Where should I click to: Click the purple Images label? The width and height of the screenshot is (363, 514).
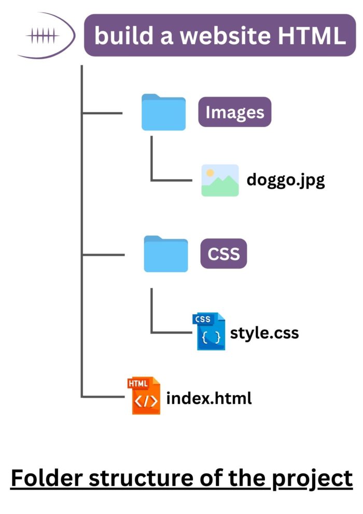pyautogui.click(x=234, y=112)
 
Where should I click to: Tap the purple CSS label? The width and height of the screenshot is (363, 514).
pyautogui.click(x=224, y=254)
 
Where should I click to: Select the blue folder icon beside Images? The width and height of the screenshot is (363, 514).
pyautogui.click(x=163, y=112)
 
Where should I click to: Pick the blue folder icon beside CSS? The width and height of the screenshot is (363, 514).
pyautogui.click(x=165, y=254)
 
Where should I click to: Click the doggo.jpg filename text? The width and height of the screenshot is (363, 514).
pyautogui.click(x=286, y=180)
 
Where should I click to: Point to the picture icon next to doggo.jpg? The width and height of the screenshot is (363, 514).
pyautogui.click(x=220, y=180)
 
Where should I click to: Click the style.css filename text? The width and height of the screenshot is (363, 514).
pyautogui.click(x=264, y=332)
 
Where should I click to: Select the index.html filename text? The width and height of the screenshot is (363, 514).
pyautogui.click(x=209, y=399)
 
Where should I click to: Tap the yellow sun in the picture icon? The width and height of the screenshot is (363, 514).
pyautogui.click(x=210, y=172)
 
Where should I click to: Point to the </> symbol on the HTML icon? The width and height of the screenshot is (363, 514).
pyautogui.click(x=146, y=403)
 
